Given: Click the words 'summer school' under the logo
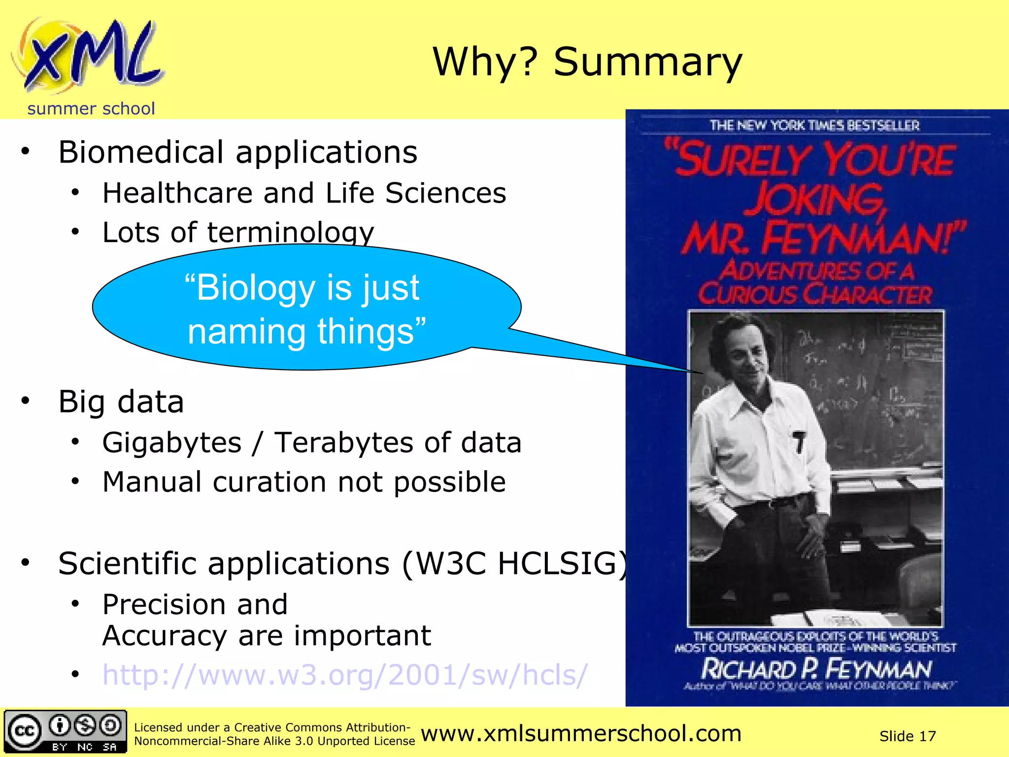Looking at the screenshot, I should [91, 108].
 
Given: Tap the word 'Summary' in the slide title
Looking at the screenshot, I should [647, 63].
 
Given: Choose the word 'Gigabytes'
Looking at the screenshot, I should [172, 442].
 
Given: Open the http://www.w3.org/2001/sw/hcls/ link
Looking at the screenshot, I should [345, 675].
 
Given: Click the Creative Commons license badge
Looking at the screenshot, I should [65, 731].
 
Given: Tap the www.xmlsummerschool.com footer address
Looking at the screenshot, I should [581, 733].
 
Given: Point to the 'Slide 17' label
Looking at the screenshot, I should [907, 736].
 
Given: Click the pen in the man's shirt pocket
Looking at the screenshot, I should [799, 442].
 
